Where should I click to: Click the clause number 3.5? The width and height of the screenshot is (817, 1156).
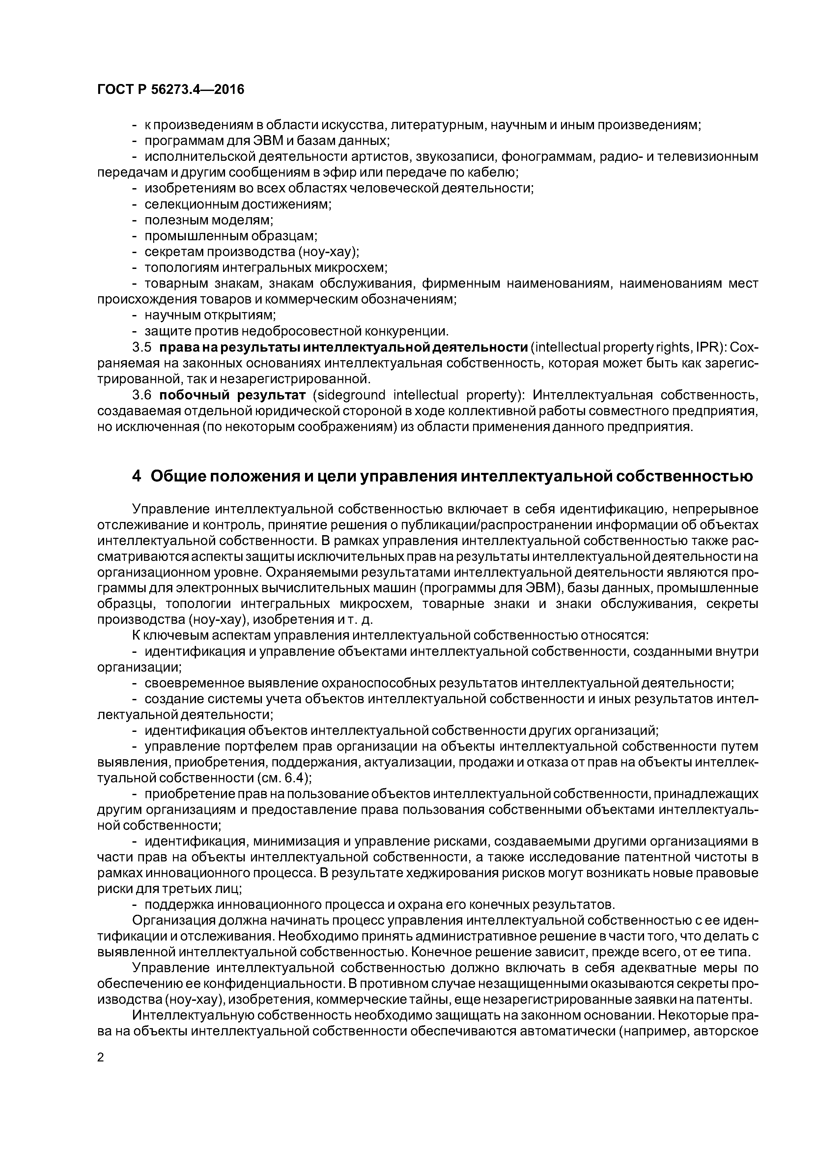141,347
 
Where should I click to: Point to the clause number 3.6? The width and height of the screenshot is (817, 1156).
141,395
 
